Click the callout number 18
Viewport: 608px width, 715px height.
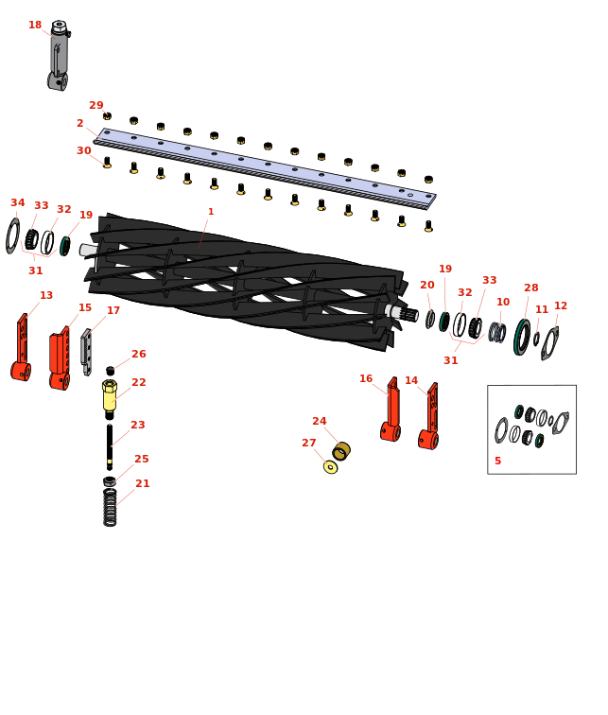(35, 25)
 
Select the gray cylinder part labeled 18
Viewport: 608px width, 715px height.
(59, 55)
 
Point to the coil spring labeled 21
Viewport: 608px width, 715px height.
(110, 507)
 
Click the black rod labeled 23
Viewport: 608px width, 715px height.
(110, 446)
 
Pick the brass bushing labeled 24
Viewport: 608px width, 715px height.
(341, 450)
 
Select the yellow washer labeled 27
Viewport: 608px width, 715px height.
(330, 467)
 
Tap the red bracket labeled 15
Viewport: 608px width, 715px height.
(60, 358)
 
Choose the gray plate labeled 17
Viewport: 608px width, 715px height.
(86, 352)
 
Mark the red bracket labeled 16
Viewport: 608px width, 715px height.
(391, 410)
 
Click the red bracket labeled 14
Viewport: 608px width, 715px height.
(429, 416)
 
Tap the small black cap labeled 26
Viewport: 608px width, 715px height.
(110, 371)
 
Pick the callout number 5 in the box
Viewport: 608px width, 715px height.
(497, 461)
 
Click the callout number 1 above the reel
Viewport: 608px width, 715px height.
(211, 212)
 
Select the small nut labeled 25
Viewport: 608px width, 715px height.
(110, 481)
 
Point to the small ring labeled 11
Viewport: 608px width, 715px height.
(536, 339)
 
